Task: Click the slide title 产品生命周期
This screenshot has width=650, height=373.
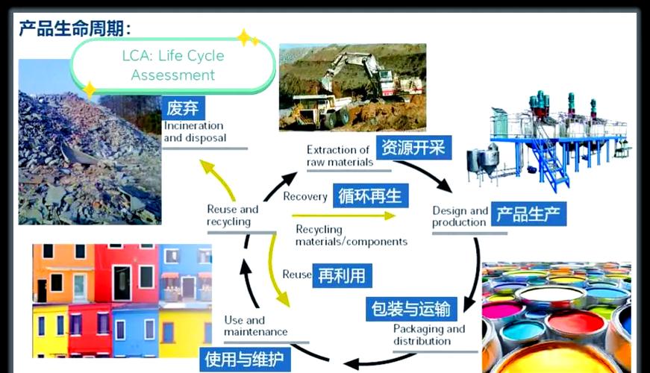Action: click(75, 28)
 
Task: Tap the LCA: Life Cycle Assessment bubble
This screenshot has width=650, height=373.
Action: click(172, 66)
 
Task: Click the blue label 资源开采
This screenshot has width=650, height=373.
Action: click(412, 147)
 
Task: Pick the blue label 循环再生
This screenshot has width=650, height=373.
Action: click(369, 196)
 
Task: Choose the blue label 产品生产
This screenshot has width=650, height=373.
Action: click(530, 214)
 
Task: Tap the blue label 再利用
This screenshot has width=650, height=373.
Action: click(342, 275)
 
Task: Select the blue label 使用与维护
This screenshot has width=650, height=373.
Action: click(244, 360)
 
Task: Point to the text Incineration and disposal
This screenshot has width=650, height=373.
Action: click(196, 132)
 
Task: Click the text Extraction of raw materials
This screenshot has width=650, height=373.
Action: click(339, 156)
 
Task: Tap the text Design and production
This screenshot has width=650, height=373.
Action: click(460, 216)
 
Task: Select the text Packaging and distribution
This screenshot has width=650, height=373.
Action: click(428, 335)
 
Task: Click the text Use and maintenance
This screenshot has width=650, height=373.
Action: click(255, 326)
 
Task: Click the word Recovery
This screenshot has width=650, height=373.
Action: click(305, 196)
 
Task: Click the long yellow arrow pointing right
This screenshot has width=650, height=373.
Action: click(343, 216)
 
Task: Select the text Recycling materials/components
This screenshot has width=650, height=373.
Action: click(351, 235)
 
